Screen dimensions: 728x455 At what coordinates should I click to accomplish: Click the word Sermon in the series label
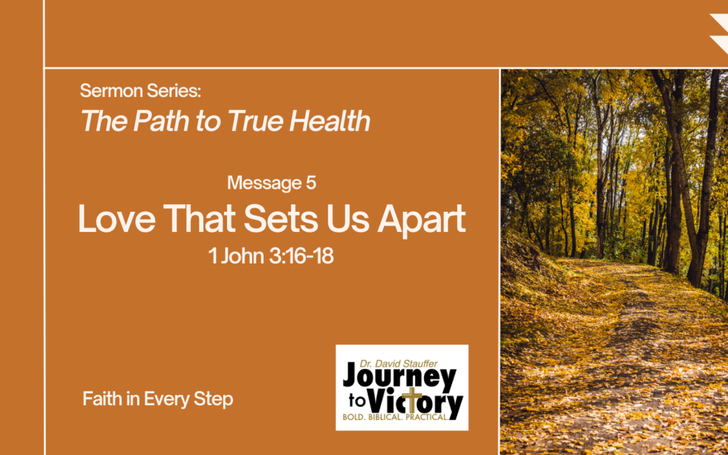111,90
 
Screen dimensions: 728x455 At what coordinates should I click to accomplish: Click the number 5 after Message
311,183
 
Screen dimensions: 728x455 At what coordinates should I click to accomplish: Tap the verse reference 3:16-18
301,256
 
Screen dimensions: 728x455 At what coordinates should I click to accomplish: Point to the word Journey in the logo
399,379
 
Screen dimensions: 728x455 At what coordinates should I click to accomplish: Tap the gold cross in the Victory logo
411,401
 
